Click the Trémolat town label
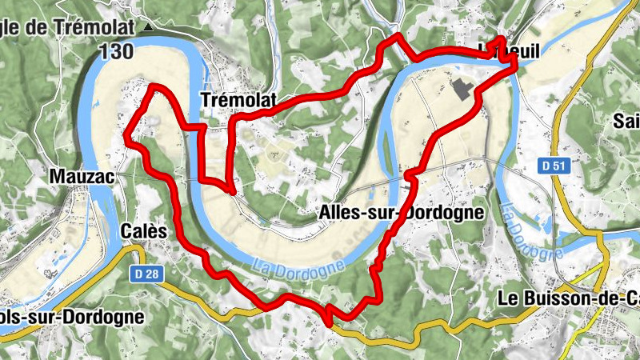tap(238, 100)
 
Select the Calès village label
tap(144, 231)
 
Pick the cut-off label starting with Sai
tap(626, 122)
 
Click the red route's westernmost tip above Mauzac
tap(126, 137)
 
